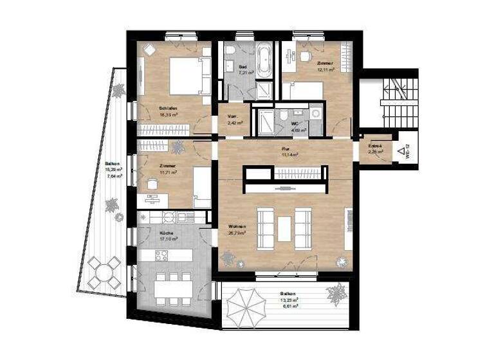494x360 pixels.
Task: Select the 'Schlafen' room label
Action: click(169, 108)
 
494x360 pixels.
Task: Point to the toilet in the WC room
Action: click(284, 114)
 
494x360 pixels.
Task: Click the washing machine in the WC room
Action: click(315, 114)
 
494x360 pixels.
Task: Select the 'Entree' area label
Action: click(375, 147)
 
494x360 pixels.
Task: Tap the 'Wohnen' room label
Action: click(236, 226)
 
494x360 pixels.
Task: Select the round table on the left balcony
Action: click(104, 273)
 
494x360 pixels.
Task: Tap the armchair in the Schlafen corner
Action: click(149, 50)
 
